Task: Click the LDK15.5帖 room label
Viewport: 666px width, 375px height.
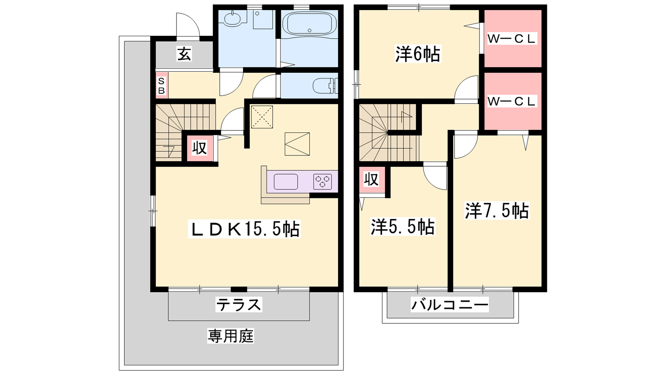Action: coord(244,229)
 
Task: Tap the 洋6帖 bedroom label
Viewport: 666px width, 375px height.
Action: coord(417,54)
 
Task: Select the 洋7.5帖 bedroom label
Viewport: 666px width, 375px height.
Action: coord(497,211)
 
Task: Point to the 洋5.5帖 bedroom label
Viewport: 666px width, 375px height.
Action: coord(403,227)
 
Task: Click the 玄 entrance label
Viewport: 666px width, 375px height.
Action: coord(184,54)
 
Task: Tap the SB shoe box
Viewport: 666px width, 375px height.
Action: coord(162,86)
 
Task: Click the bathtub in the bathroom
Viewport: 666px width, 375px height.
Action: coord(310,24)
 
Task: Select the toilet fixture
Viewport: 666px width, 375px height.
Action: coord(325,86)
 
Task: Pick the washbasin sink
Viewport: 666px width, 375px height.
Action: coord(232,19)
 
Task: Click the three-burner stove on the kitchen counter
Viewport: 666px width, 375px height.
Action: coord(323,181)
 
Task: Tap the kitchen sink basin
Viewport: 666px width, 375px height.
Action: coord(286,182)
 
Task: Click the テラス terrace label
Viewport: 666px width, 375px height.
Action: coord(239,304)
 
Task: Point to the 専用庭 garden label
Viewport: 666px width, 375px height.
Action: coord(231,336)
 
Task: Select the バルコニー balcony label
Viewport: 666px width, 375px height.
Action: coord(450,305)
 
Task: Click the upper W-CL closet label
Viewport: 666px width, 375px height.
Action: coord(512,39)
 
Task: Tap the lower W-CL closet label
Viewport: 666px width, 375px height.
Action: coord(512,102)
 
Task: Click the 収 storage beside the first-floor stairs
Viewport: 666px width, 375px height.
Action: coord(199,147)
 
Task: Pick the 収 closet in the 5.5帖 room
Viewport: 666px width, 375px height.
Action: coord(371,180)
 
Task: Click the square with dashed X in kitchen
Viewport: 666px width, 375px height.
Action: coord(262,117)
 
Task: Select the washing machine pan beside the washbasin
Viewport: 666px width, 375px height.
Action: coord(263,20)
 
